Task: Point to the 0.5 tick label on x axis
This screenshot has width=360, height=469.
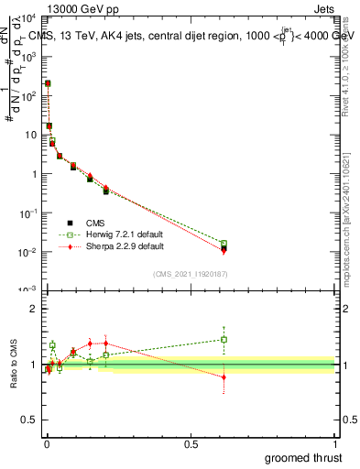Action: pos(191,444)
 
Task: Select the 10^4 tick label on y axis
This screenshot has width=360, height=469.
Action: pos(27,17)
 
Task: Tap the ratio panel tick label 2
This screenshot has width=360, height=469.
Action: pos(33,309)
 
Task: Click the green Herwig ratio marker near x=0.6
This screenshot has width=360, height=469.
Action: pos(224,339)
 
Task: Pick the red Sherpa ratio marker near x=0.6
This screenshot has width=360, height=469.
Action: pos(224,376)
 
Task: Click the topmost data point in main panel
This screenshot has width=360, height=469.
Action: pos(48,83)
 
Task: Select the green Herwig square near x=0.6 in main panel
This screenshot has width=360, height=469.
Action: pos(224,244)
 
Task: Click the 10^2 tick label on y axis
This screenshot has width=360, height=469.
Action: pos(27,95)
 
